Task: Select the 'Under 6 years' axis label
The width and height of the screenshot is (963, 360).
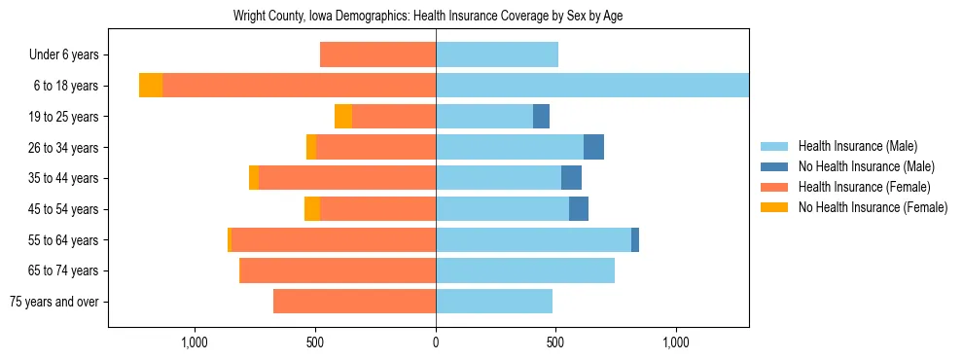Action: click(x=64, y=55)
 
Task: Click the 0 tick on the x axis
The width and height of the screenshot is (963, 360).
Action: click(x=436, y=342)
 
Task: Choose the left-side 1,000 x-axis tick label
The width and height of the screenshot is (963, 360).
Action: click(x=195, y=342)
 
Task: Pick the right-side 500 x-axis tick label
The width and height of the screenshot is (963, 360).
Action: click(x=555, y=342)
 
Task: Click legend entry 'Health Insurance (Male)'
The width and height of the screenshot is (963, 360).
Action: click(x=857, y=146)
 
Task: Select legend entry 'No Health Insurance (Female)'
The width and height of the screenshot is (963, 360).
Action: click(x=873, y=207)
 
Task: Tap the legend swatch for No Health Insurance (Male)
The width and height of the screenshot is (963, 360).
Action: click(x=775, y=166)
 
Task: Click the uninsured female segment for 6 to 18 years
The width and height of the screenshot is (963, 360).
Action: click(x=151, y=86)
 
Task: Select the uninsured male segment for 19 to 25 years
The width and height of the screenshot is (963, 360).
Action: click(x=541, y=117)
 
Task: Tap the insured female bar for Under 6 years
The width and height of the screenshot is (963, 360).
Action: click(x=377, y=55)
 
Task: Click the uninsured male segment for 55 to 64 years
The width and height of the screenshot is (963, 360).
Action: click(x=635, y=239)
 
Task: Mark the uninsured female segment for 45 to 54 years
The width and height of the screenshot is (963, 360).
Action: click(x=312, y=209)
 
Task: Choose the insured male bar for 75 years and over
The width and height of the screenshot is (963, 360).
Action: click(x=494, y=302)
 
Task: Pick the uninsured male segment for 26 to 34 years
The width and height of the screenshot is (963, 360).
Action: click(x=593, y=147)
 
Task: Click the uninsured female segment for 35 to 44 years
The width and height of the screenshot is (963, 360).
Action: click(x=254, y=178)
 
